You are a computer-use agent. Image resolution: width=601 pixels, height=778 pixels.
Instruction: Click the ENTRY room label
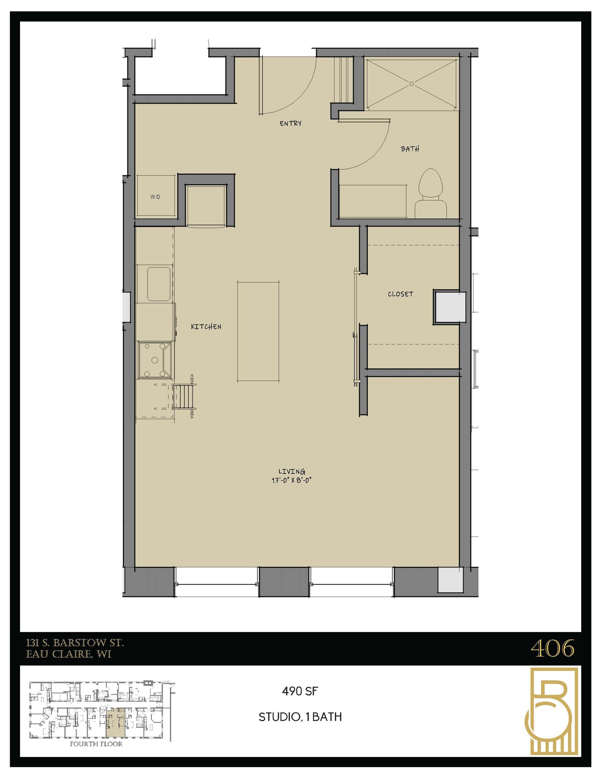(x=290, y=123)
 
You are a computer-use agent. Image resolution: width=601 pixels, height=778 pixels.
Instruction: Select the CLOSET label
(x=400, y=294)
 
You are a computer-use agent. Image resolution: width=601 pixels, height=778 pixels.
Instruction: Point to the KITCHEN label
(x=206, y=326)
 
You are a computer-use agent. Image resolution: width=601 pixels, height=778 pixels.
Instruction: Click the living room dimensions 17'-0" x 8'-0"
(x=292, y=480)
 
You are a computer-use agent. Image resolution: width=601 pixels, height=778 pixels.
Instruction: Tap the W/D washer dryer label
(x=155, y=197)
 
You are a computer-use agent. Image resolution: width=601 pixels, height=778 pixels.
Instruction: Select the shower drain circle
(x=412, y=84)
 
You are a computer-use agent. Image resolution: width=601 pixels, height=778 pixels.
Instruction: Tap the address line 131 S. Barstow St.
(x=74, y=643)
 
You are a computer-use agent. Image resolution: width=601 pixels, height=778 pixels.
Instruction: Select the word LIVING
(x=292, y=471)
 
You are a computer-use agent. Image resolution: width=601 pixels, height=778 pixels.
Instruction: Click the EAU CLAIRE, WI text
(x=69, y=654)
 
